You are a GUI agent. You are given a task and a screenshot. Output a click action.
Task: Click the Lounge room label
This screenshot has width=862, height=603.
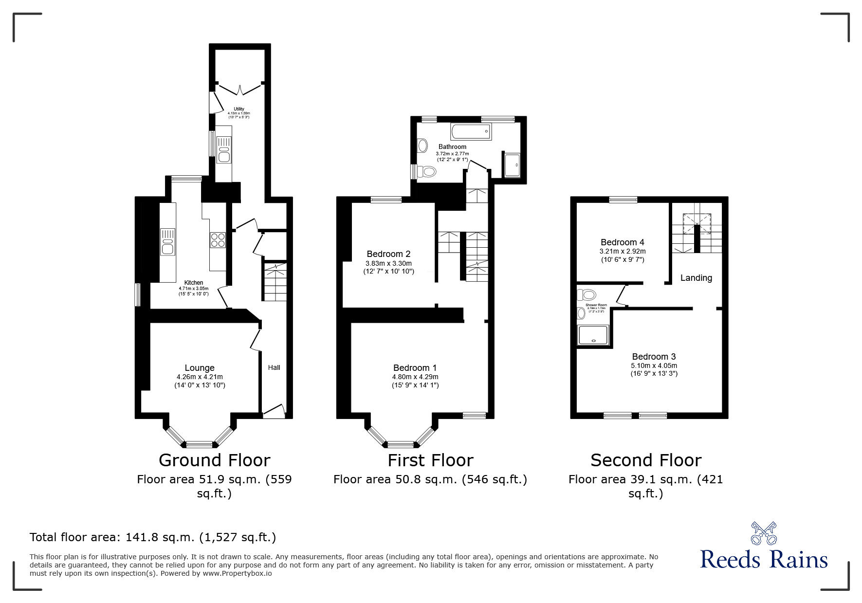click(200, 368)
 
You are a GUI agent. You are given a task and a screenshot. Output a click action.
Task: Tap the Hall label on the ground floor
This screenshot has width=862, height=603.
click(274, 367)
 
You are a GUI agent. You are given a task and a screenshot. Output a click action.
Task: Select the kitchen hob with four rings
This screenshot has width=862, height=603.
click(218, 240)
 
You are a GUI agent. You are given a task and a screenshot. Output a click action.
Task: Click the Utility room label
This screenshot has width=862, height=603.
click(238, 109)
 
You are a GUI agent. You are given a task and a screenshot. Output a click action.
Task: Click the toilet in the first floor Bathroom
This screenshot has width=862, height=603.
click(427, 171)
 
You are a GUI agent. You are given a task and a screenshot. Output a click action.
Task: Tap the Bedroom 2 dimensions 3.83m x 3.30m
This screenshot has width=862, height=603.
click(388, 263)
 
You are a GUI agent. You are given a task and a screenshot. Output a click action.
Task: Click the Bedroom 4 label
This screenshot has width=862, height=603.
click(622, 242)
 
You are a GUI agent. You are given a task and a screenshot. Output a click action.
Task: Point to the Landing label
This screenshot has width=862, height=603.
click(696, 278)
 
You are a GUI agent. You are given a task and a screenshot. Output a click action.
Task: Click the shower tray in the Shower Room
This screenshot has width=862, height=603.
click(593, 335)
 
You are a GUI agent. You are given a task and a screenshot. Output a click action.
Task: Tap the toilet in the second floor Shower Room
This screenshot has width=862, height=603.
click(587, 294)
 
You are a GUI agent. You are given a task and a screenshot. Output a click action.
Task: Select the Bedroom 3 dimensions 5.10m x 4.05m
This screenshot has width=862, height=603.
click(654, 365)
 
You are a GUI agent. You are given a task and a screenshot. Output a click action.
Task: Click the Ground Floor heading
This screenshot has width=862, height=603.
click(214, 460)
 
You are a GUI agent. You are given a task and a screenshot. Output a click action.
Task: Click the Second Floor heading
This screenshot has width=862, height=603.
click(645, 460)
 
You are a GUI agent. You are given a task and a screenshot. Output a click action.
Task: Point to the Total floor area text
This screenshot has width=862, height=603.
click(153, 537)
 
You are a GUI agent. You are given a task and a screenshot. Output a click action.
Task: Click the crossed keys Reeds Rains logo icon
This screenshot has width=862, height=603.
click(764, 533)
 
